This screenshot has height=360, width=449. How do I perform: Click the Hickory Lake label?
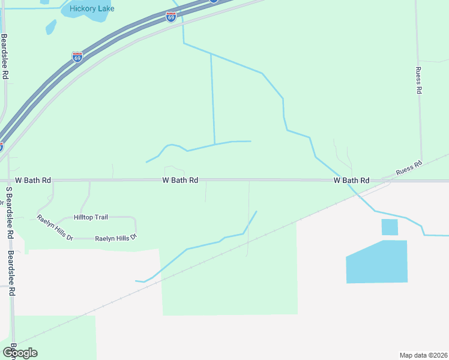pos(92,8)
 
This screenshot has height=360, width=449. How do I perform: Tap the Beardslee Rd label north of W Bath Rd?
pos(5,57)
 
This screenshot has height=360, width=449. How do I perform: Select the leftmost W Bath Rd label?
pos(33,180)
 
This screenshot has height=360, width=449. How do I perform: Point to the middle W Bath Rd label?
pos(180,180)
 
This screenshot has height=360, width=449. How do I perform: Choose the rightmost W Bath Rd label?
pos(352,180)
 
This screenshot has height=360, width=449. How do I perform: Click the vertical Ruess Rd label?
pos(419,80)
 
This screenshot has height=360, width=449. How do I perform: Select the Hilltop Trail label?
pos(91,217)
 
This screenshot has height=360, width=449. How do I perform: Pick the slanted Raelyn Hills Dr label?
pos(55,227)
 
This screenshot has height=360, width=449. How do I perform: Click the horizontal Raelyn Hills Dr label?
pos(116,238)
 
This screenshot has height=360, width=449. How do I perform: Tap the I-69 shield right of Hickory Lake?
pos(170,17)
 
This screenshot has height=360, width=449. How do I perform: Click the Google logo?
pos(20,352)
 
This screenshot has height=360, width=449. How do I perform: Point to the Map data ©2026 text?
pos(424,355)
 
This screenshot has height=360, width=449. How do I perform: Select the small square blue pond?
pos(390,227)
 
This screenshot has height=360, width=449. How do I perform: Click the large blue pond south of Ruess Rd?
pos(377,262)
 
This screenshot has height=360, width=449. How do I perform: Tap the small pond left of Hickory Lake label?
pos(51,26)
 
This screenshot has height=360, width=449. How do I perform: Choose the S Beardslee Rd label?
pos(10,214)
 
